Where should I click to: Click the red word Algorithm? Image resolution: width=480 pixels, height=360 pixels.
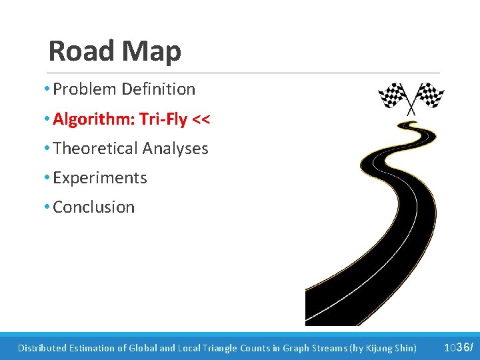click(89, 119)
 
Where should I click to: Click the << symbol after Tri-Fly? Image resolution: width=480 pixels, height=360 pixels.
click(201, 119)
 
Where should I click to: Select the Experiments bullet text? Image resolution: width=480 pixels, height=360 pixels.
click(99, 178)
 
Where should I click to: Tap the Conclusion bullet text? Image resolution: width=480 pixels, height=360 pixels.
click(93, 207)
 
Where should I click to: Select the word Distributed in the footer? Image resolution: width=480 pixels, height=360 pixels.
click(42, 348)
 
